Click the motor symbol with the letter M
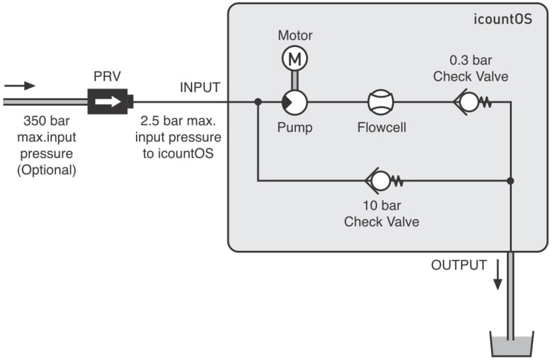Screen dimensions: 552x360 [295, 59]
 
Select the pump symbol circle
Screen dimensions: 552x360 [295, 102]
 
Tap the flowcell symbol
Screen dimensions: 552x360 [380, 102]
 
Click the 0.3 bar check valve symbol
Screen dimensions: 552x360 [472, 102]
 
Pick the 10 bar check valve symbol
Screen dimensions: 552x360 [384, 181]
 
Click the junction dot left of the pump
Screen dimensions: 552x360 [258, 102]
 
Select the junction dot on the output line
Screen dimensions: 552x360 [510, 181]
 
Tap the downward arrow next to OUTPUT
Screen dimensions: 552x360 [498, 275]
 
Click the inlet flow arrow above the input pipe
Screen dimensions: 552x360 [20, 86]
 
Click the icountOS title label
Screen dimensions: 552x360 [503, 19]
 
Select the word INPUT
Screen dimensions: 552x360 [200, 87]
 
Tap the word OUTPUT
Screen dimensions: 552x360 [459, 265]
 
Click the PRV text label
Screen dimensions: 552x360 [107, 76]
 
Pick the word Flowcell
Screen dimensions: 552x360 [381, 127]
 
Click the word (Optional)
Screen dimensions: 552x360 [46, 170]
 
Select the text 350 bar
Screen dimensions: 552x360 [46, 121]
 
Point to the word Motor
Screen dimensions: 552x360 [295, 35]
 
